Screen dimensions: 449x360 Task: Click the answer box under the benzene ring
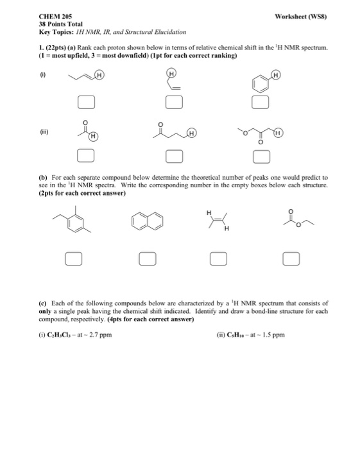[x=259, y=102]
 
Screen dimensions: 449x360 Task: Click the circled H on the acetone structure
[x=94, y=136]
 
